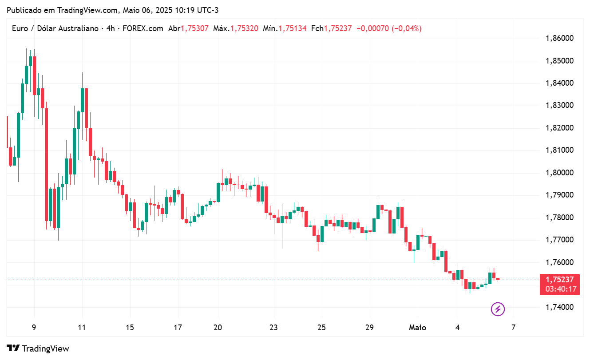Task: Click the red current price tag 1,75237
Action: click(x=560, y=280)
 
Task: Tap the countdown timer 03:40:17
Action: click(x=560, y=289)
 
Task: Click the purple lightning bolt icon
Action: click(x=498, y=309)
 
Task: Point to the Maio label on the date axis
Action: click(x=417, y=328)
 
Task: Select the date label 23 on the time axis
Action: click(x=273, y=328)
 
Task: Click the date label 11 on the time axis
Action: click(x=82, y=328)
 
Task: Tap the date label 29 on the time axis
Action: click(x=369, y=328)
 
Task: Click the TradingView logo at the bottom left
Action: click(x=38, y=348)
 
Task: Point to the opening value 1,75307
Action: click(x=194, y=28)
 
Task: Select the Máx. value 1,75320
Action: click(x=244, y=28)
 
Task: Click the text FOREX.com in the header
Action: click(x=143, y=28)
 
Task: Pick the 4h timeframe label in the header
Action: click(x=111, y=28)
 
